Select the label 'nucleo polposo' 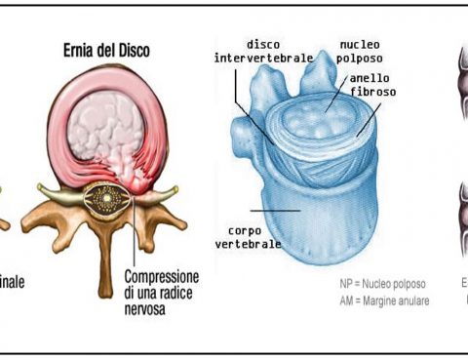(361, 51)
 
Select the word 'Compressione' (164, 276)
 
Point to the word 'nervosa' (147, 308)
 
